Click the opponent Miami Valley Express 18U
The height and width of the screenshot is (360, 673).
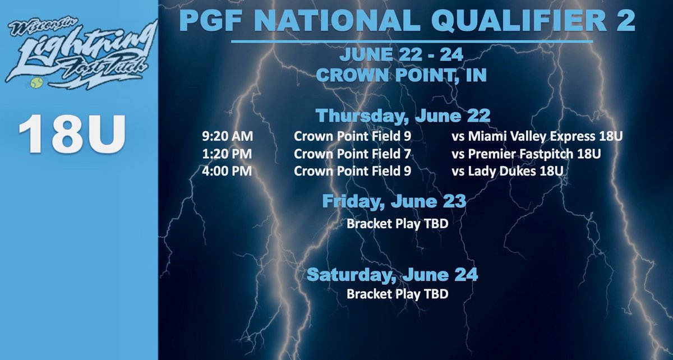[x=537, y=136]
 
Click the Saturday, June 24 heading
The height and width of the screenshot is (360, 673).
[x=393, y=275]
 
